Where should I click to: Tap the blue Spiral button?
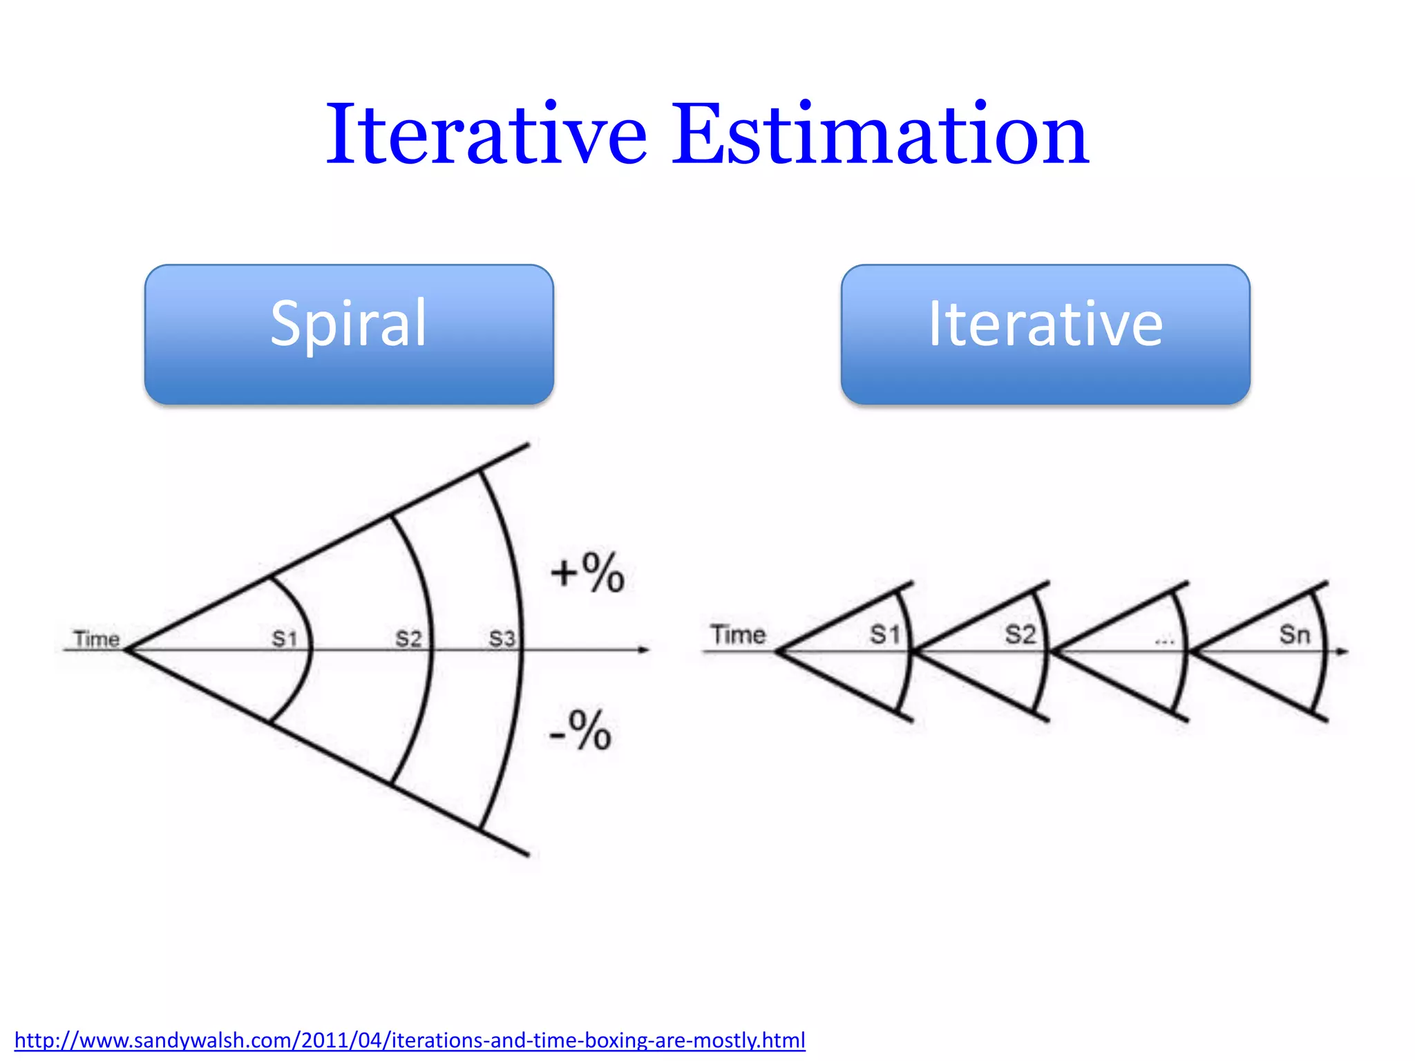[x=349, y=334]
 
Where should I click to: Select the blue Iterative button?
[x=1045, y=334]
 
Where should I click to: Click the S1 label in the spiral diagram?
[x=284, y=638]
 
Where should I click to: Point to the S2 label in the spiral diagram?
[x=408, y=638]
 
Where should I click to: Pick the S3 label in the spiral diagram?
[x=502, y=638]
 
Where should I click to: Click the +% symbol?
[x=588, y=573]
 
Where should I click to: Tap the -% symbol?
[x=580, y=730]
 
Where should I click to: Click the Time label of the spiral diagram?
[x=97, y=639]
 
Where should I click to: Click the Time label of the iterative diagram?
[x=738, y=634]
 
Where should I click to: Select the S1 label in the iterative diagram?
[x=884, y=634]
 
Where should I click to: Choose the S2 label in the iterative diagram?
[x=1020, y=634]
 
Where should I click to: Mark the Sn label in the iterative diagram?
[x=1294, y=634]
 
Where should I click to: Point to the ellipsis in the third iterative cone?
[x=1165, y=642]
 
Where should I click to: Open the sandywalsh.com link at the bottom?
[x=410, y=1040]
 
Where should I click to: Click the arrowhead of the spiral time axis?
[x=644, y=649]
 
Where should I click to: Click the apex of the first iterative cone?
[x=778, y=651]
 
